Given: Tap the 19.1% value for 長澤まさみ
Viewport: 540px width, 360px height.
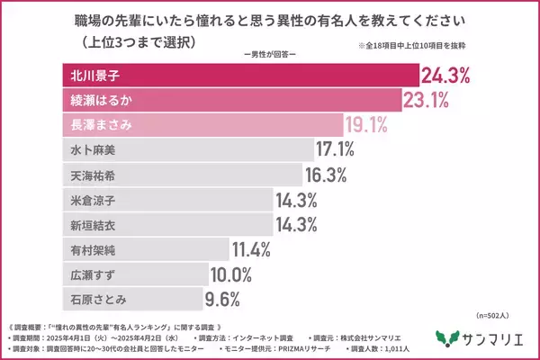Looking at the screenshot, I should [369, 123].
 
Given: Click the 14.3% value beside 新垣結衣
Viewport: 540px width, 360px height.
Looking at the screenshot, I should [296, 224].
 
